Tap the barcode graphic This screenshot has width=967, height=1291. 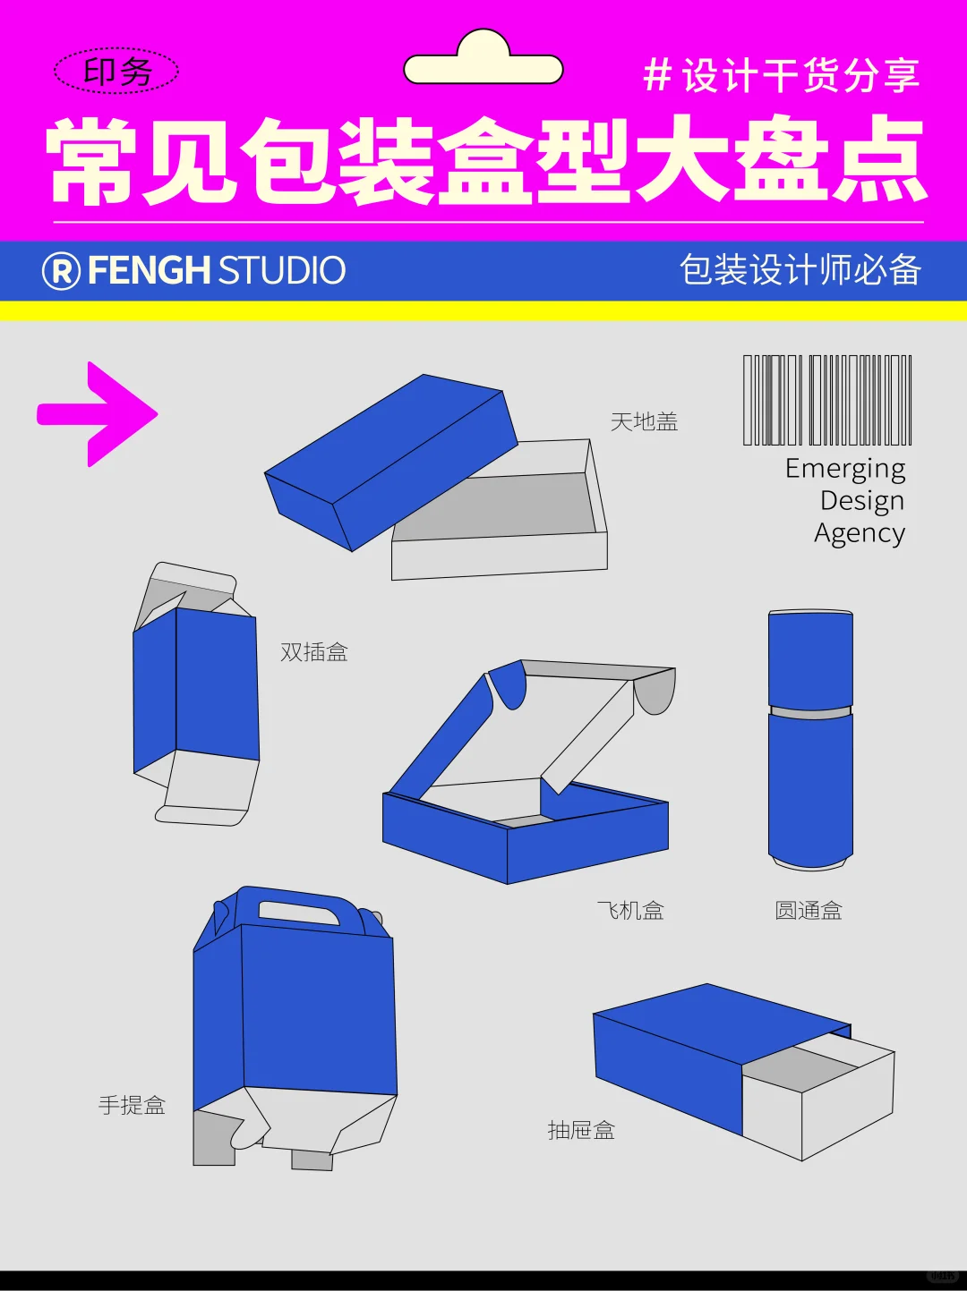coord(827,400)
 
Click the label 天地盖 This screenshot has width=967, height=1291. coord(644,421)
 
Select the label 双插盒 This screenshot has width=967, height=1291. coord(313,652)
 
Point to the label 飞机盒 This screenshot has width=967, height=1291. coord(630,911)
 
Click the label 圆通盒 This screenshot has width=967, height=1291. coord(808,911)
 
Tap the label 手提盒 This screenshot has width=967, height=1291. coord(132,1106)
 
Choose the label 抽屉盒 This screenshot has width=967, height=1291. coord(581,1131)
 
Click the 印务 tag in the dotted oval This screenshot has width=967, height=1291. coord(116,72)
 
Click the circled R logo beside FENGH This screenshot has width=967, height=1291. coord(61,270)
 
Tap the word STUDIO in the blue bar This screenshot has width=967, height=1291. coord(281,270)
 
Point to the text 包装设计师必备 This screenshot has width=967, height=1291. coord(800,270)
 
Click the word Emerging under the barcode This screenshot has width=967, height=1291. coord(844,469)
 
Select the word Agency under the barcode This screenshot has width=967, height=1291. coord(859,533)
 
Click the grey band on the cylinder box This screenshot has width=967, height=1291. coord(810,712)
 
